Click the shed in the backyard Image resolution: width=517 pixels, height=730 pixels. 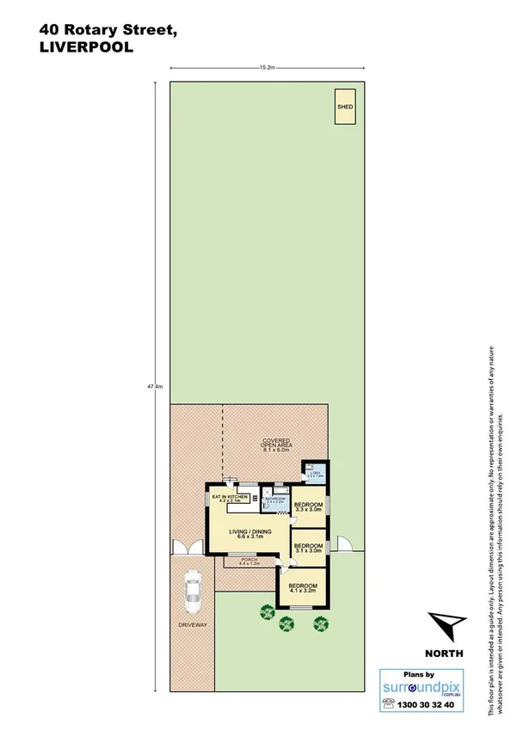tap(345, 109)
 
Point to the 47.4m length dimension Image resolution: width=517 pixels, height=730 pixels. tap(155, 387)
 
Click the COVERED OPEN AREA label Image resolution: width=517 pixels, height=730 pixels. tap(275, 445)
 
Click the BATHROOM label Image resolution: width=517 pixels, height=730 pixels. tap(276, 500)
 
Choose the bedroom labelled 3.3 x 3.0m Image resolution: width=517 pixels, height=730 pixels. tap(308, 506)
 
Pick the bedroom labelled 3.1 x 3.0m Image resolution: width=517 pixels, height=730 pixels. tap(308, 548)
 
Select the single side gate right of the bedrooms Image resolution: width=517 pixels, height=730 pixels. tap(345, 543)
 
